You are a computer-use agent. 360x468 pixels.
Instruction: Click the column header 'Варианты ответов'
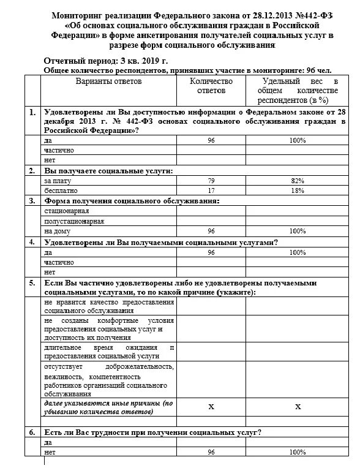click(108, 81)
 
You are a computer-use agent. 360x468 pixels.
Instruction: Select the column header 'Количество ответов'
click(211, 85)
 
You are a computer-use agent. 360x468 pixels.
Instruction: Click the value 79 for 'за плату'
click(211, 181)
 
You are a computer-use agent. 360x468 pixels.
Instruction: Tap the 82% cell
click(298, 181)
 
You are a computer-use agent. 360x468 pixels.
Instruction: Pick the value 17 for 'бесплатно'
click(211, 191)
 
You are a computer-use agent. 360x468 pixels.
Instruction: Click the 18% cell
click(298, 191)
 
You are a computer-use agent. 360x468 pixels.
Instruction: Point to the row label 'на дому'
click(57, 232)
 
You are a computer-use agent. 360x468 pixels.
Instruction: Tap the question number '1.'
click(32, 113)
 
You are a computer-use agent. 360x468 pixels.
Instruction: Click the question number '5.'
click(32, 282)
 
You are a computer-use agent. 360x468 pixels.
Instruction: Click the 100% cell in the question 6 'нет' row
click(298, 452)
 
